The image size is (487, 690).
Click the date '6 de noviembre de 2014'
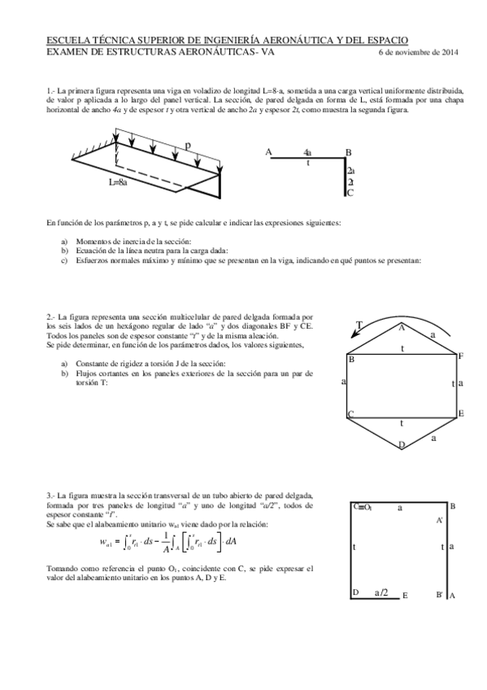tap(419, 53)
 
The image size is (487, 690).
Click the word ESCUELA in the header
tap(70, 41)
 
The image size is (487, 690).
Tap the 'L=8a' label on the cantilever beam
tap(119, 182)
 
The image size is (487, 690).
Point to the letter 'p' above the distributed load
tap(188, 145)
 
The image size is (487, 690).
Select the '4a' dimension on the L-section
tap(307, 152)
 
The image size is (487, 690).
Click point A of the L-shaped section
tap(269, 152)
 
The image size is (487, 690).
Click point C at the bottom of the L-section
tap(350, 193)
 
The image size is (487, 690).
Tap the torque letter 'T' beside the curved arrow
tap(360, 325)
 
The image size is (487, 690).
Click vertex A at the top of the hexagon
tap(401, 328)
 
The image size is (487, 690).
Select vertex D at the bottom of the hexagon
tap(401, 444)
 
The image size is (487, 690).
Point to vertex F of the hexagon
tap(460, 356)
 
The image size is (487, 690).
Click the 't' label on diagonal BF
tap(402, 348)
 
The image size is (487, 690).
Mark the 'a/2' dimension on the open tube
tap(381, 593)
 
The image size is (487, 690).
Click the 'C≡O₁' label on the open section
tap(363, 506)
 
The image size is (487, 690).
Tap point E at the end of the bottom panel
tap(404, 596)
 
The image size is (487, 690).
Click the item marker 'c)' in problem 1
tap(65, 261)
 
